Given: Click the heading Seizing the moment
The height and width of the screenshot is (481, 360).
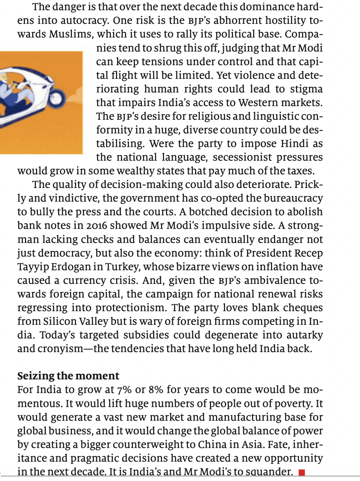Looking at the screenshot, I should pos(68,376).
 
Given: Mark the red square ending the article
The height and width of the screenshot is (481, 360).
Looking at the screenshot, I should pos(302,472).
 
